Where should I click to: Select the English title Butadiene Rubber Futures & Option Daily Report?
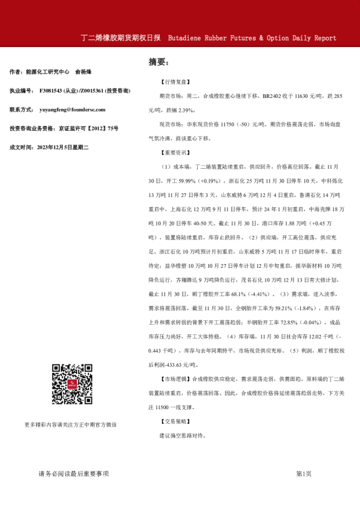pyautogui.click(x=252, y=38)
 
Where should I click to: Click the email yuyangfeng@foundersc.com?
pyautogui.click(x=72, y=110)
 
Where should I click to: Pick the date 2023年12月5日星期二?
pyautogui.click(x=63, y=147)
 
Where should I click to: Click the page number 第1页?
pyautogui.click(x=304, y=474)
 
